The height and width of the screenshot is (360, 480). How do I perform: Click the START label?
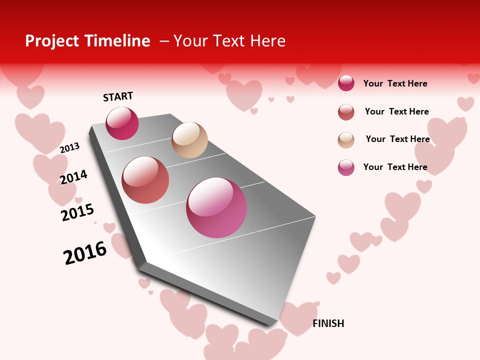pyautogui.click(x=118, y=96)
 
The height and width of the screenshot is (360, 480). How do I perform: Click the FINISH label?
pyautogui.click(x=328, y=323)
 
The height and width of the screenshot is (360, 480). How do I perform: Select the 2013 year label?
pyautogui.click(x=70, y=148)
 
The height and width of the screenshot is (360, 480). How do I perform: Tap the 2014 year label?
pyautogui.click(x=74, y=177)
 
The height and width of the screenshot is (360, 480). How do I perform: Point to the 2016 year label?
pyautogui.click(x=85, y=253)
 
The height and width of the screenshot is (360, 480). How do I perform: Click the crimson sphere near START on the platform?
pyautogui.click(x=122, y=123)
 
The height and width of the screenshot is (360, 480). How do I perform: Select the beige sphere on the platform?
pyautogui.click(x=189, y=140)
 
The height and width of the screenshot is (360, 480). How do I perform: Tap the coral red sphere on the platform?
pyautogui.click(x=145, y=180)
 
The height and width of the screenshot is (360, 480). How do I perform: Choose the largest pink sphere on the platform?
pyautogui.click(x=216, y=207)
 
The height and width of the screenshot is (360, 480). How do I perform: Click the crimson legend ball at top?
pyautogui.click(x=346, y=83)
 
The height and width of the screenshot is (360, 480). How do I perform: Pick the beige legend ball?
pyautogui.click(x=346, y=139)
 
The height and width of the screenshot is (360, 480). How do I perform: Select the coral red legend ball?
pyautogui.click(x=346, y=111)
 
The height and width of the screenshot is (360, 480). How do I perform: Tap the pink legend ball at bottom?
pyautogui.click(x=346, y=167)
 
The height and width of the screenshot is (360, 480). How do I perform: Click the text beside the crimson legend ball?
pyautogui.click(x=395, y=83)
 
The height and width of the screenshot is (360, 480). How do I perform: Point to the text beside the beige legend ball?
pyautogui.click(x=397, y=139)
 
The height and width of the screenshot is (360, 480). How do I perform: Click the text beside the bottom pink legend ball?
pyautogui.click(x=395, y=167)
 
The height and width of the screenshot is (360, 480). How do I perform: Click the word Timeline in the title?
pyautogui.click(x=117, y=41)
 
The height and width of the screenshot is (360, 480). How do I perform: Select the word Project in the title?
pyautogui.click(x=51, y=41)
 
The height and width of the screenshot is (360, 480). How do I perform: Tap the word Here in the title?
pyautogui.click(x=267, y=41)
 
